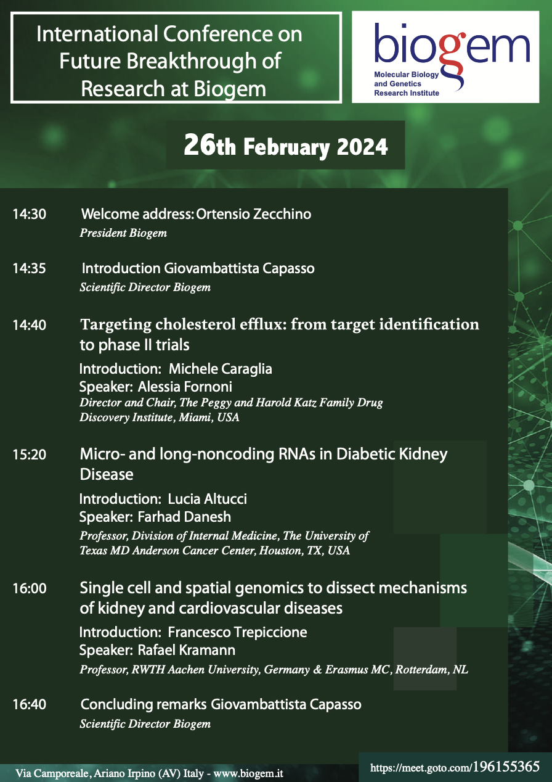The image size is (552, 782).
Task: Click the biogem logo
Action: pos(445,57)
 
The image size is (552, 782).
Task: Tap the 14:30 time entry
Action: pos(30,215)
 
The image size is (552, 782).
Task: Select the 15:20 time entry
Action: pos(30,455)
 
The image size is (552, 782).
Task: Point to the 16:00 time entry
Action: pos(30,588)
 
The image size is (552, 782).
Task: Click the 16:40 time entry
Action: pos(30,704)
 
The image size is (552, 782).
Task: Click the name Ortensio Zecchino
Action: pos(253,214)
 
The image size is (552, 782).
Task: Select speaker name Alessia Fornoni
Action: pos(185,387)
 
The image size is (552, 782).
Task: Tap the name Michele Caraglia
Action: pos(221,369)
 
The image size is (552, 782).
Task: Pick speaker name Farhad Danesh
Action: pos(184,517)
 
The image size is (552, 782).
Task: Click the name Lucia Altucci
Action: pos(207,499)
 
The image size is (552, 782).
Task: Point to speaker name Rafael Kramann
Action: pos(186,651)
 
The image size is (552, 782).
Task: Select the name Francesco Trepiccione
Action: pos(237,632)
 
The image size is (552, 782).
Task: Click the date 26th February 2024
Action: pos(286,146)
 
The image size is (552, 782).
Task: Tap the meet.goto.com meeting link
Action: pos(455,767)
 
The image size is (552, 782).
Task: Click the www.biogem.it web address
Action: pos(248,773)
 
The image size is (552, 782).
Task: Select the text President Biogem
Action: pos(123,233)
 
